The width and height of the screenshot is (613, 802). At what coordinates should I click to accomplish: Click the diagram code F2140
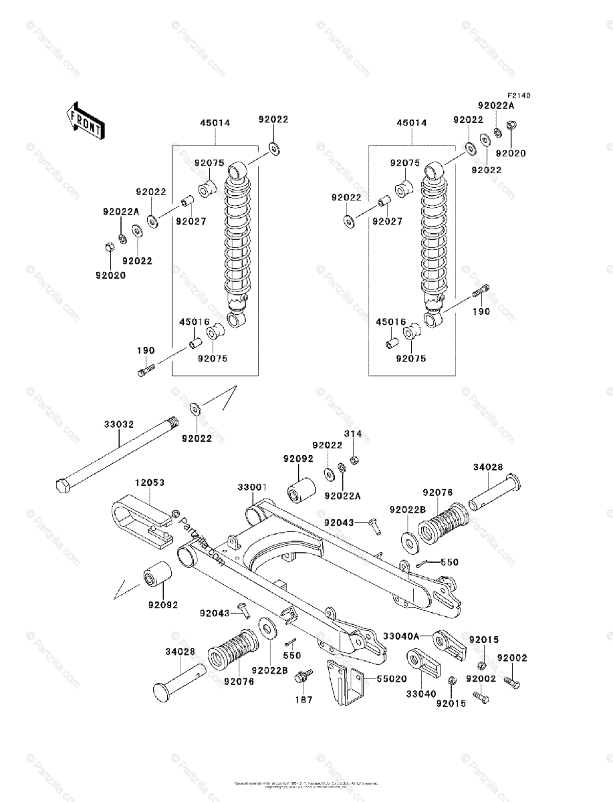coord(518,96)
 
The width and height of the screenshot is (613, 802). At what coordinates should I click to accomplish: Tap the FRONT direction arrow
coord(84,120)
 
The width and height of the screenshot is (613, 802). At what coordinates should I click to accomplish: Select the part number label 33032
coord(118,424)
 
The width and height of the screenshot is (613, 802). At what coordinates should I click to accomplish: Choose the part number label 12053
coord(149,482)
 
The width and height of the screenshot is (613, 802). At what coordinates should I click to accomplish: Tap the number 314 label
coord(353,434)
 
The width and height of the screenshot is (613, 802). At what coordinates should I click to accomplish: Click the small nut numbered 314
coord(356,458)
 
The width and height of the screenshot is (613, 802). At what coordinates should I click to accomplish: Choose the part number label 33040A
coord(402,636)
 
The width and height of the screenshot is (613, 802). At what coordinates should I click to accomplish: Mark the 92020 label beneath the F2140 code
coord(511,153)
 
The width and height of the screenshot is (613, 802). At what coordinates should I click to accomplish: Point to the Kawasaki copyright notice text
coord(306,784)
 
